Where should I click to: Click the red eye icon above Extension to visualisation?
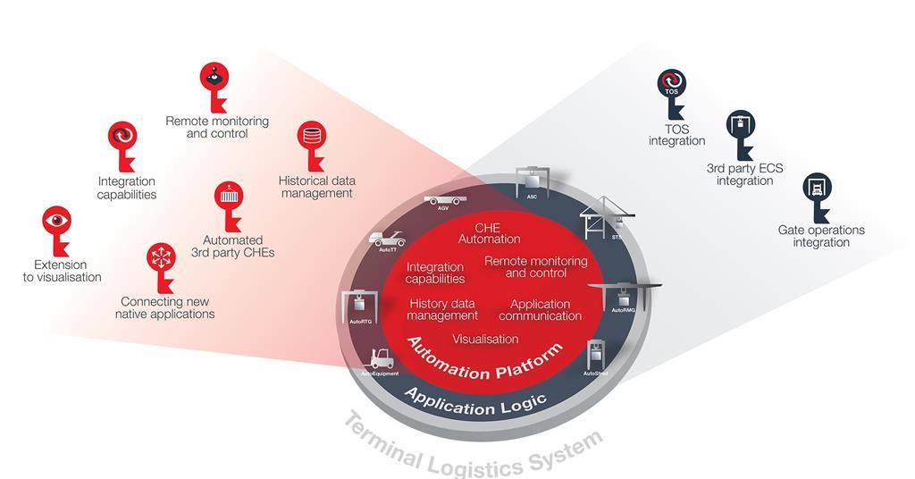pos(57,221)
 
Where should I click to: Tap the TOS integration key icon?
pos(672,85)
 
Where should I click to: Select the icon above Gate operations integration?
pos(817,188)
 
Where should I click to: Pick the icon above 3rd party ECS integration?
pos(740,125)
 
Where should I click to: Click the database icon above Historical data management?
pos(311,137)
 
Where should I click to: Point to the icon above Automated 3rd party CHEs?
pos(230,196)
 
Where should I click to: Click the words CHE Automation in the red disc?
pos(489,233)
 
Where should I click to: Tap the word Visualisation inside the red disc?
pos(485,339)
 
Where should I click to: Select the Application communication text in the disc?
pos(540,310)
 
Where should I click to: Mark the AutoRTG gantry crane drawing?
pos(359,303)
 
